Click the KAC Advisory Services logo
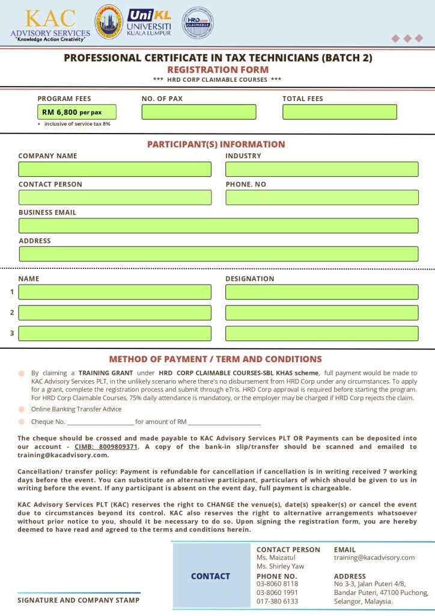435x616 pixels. click(x=50, y=24)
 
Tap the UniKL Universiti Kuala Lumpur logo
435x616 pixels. click(x=150, y=22)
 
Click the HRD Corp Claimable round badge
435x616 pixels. click(x=198, y=22)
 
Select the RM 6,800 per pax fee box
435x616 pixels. click(x=77, y=112)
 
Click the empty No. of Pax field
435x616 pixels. click(x=198, y=112)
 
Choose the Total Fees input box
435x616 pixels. click(x=339, y=112)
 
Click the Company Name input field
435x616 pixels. click(x=115, y=169)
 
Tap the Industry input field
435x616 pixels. click(x=321, y=169)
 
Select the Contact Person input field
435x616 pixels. click(x=115, y=197)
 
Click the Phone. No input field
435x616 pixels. click(x=321, y=197)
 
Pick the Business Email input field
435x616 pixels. click(x=218, y=226)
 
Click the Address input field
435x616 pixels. click(x=218, y=254)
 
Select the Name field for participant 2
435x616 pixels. click(x=115, y=313)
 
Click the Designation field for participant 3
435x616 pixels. click(x=321, y=333)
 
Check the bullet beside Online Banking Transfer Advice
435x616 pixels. click(x=21, y=410)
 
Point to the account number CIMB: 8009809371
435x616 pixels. click(x=106, y=447)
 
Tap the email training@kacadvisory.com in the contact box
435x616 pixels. click(x=374, y=558)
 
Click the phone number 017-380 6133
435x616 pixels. click(x=277, y=601)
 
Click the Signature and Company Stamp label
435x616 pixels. click(x=78, y=600)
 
